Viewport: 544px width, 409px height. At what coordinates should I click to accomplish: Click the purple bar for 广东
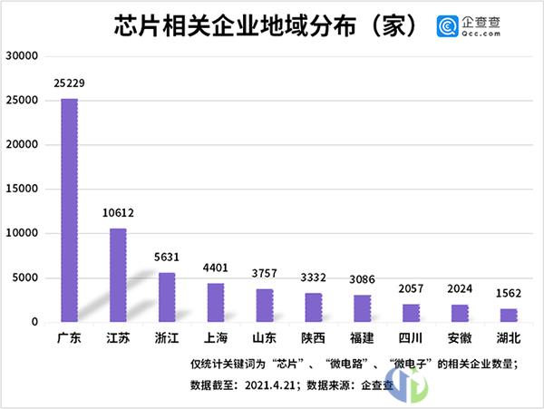click(69, 210)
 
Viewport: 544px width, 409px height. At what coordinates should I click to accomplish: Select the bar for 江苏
click(118, 275)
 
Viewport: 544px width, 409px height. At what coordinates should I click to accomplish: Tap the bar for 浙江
click(167, 297)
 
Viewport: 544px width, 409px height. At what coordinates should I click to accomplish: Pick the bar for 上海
click(216, 303)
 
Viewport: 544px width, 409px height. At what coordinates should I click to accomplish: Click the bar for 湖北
click(509, 315)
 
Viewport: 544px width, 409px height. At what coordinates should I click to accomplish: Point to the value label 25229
click(69, 84)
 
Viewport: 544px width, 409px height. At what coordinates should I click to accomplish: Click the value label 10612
click(118, 214)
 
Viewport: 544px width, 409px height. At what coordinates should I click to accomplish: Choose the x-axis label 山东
click(264, 339)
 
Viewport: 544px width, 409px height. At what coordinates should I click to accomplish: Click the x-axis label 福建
click(362, 339)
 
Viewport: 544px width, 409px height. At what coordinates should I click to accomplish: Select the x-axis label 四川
click(411, 339)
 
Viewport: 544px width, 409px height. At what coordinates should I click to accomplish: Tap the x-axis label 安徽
click(460, 339)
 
